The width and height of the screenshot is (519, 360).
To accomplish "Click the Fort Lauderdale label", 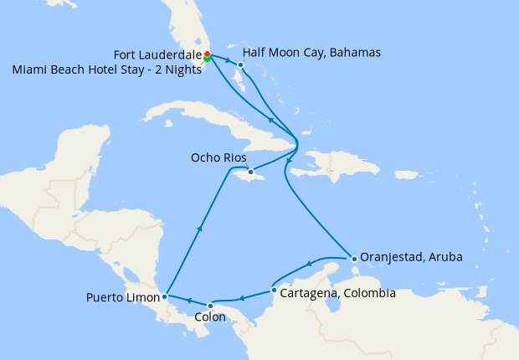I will [157, 54].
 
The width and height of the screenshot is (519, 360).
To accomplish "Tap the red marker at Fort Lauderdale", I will [207, 54].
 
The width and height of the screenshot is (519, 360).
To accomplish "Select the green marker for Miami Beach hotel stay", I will [207, 59].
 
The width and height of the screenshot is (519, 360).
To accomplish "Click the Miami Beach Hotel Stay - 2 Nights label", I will [107, 70].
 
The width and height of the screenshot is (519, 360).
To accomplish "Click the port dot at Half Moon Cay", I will [240, 64].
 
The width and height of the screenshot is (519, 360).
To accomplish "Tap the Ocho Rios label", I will [218, 157].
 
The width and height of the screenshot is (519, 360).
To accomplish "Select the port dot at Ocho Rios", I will [250, 172].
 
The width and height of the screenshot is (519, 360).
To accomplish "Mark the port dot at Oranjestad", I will [354, 258].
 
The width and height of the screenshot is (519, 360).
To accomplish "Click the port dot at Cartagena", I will [275, 291].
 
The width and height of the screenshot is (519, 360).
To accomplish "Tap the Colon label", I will [209, 317].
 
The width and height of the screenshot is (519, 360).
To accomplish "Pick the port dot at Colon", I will [210, 306].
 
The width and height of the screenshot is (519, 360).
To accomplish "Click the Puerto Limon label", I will [123, 297].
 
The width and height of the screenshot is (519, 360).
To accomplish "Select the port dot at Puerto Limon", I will [165, 296].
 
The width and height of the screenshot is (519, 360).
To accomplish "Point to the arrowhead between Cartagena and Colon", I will [241, 298].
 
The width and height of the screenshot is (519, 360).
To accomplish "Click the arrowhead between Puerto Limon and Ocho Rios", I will [200, 227].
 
